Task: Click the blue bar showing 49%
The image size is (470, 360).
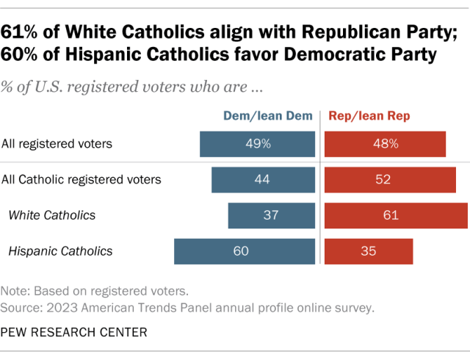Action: (257, 144)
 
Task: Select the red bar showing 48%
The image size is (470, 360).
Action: (385, 144)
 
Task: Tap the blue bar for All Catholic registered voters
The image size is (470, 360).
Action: (263, 179)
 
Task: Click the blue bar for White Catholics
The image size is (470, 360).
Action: (271, 215)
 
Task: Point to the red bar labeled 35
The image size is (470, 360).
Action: (369, 251)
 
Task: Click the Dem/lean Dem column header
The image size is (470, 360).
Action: (268, 116)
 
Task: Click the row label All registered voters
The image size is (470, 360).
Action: (57, 144)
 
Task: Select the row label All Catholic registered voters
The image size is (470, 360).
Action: (82, 179)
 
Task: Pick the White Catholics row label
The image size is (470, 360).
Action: (51, 215)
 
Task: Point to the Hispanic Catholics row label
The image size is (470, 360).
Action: (60, 251)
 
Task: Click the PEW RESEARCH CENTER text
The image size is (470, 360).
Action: (74, 332)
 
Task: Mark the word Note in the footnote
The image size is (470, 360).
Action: (15, 289)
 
